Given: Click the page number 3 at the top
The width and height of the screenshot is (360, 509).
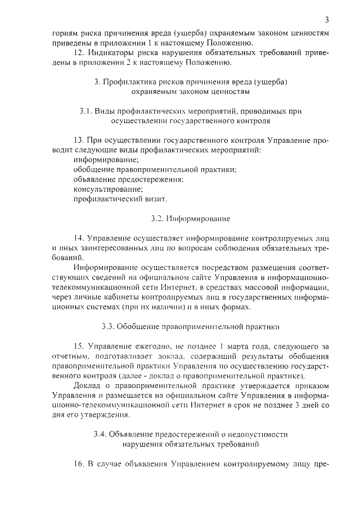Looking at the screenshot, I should pyautogui.click(x=326, y=20).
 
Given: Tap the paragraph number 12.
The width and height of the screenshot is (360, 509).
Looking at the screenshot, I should pyautogui.click(x=79, y=53).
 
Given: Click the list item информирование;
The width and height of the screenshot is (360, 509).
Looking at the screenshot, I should pyautogui.click(x=102, y=160).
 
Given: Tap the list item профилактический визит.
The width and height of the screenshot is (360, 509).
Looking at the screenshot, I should pyautogui.click(x=120, y=199).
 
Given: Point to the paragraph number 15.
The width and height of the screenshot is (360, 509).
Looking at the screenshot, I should pyautogui.click(x=79, y=345).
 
